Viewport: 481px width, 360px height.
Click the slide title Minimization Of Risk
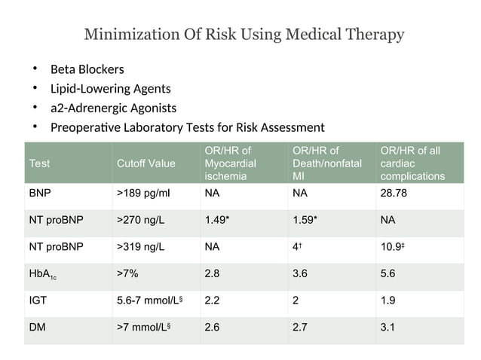tap(244, 35)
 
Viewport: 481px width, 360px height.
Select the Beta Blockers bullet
tap(87, 71)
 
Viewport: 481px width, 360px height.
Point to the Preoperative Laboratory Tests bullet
tap(187, 127)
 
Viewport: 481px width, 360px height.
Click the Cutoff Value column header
tap(146, 163)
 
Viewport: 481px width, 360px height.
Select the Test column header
tap(38, 163)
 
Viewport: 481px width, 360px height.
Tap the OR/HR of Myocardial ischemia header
tap(230, 163)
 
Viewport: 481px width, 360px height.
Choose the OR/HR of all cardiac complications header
tap(412, 163)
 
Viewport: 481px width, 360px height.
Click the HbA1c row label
tap(44, 274)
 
